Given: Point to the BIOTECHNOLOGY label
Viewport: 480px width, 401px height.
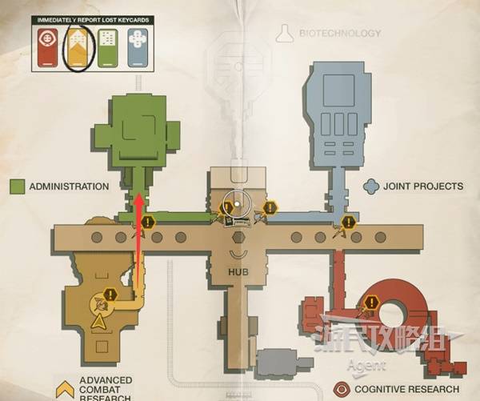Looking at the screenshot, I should click(340, 34).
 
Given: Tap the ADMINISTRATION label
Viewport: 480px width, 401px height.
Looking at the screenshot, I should click(69, 186).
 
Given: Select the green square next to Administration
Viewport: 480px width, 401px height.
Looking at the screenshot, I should click(17, 186).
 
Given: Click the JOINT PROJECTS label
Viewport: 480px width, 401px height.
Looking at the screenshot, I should click(423, 186).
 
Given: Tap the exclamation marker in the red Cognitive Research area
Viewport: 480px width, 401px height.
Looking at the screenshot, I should click(371, 302).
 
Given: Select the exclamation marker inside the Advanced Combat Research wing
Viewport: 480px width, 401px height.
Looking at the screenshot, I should click(110, 294).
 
